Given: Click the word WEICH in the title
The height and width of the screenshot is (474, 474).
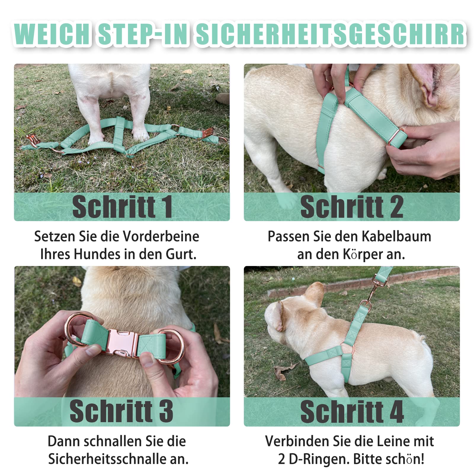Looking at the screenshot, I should point(52,34).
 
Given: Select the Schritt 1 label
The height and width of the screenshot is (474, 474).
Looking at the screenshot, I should point(122,207).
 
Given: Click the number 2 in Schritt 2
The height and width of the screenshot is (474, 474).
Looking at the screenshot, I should point(396,207).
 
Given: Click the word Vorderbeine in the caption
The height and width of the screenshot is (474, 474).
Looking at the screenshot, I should point(161,236).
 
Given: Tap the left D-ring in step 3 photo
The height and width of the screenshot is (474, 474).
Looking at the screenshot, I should point(74,329).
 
